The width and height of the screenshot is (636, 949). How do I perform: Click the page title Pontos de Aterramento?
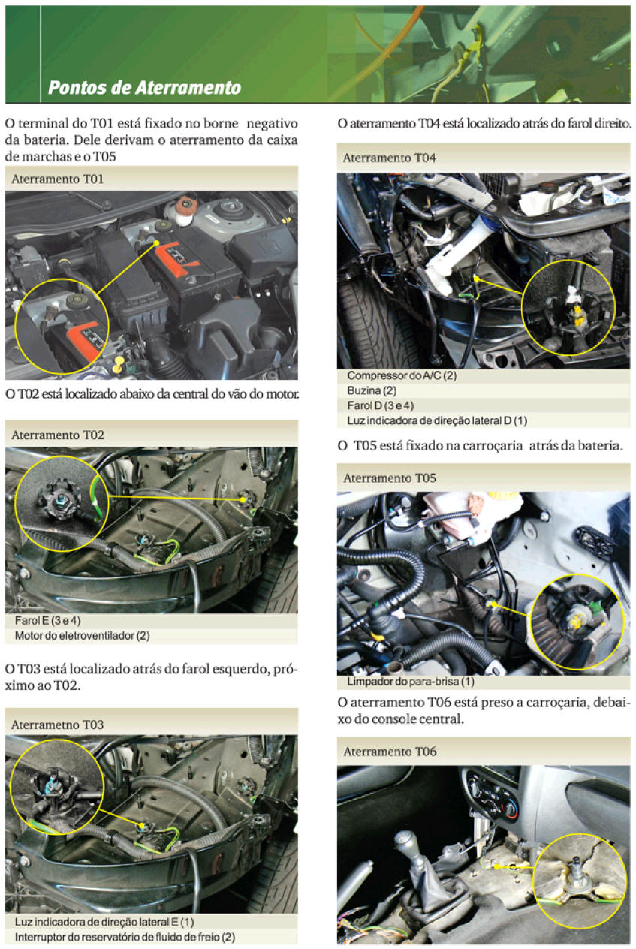pos(144,88)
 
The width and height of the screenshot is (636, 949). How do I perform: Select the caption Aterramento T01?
pos(58,179)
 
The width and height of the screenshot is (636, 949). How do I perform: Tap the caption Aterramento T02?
pos(58,435)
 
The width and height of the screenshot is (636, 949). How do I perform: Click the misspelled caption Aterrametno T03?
pos(58,725)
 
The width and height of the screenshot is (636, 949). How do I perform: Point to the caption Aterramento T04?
pos(389,158)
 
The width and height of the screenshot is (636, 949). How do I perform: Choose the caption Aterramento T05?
pos(389,478)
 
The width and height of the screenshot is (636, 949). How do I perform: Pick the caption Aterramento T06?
pos(389,752)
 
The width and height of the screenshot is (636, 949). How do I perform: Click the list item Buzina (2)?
pos(372,390)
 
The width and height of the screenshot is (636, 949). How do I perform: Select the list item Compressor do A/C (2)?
pos(402,375)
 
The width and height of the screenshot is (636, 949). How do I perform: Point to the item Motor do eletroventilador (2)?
pos(83,636)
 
